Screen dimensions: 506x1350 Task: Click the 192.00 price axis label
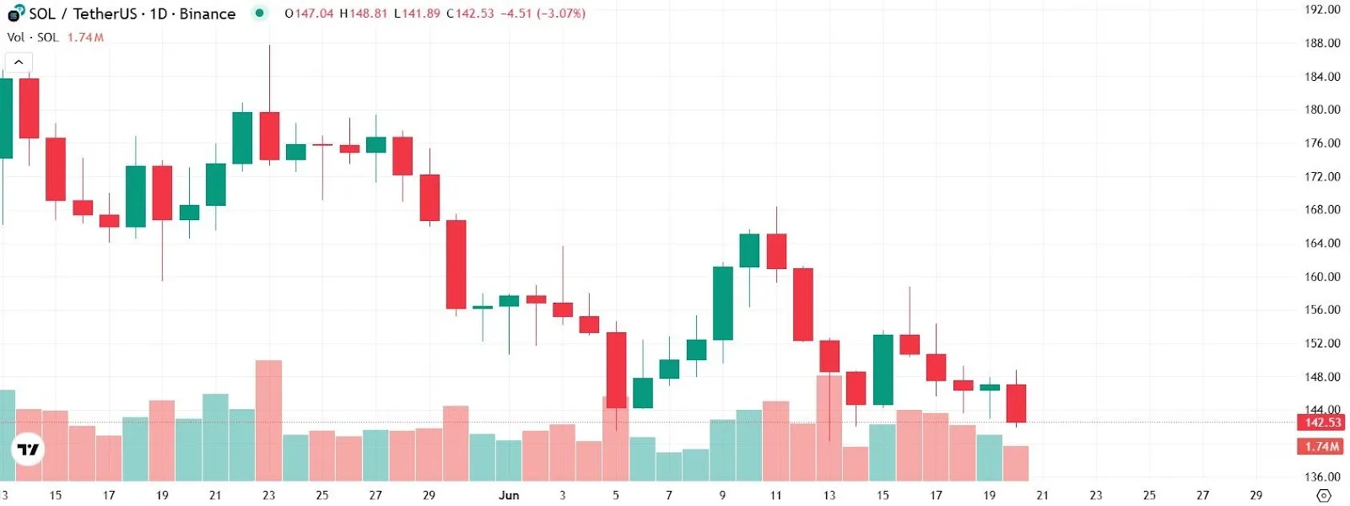[1322, 9]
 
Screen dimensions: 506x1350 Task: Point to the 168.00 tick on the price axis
[1322, 209]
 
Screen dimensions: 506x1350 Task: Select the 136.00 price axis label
[1322, 476]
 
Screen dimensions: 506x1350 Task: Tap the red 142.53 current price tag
[1321, 423]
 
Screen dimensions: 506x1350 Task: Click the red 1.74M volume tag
[1321, 447]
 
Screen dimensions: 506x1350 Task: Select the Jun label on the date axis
[509, 495]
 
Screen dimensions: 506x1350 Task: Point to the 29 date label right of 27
[1255, 495]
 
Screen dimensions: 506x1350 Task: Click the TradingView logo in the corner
[28, 449]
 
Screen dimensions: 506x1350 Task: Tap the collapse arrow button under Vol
[19, 62]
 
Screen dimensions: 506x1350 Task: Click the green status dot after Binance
[260, 13]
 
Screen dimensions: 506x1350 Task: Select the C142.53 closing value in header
[470, 13]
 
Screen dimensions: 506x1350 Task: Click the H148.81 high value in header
[364, 13]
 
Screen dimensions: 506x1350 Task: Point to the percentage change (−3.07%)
[561, 13]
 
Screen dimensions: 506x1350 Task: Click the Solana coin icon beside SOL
[15, 13]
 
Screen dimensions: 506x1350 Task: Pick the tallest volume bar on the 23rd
[268, 420]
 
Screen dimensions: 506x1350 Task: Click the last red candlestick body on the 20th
[1016, 403]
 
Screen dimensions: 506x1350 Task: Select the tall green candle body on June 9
[722, 304]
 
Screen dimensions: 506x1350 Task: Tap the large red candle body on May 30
[456, 264]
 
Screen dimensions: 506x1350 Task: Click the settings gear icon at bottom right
[1324, 495]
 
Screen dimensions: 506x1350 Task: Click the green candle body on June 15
[883, 369]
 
